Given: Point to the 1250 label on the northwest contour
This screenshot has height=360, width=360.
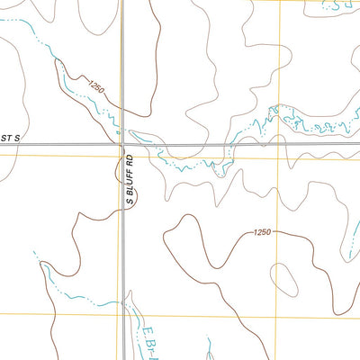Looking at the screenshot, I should click(97, 88).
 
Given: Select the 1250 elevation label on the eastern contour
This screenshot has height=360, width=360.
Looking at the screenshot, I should click(261, 232).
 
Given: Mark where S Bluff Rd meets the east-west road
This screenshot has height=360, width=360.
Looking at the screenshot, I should click(122, 144).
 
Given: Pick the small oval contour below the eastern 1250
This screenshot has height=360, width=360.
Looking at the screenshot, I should click(283, 278).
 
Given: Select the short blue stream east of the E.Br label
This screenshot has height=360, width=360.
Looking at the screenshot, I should click(211, 346).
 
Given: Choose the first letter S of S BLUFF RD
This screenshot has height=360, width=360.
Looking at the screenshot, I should click(130, 201).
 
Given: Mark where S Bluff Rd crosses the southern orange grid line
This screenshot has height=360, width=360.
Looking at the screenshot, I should click(122, 314).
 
